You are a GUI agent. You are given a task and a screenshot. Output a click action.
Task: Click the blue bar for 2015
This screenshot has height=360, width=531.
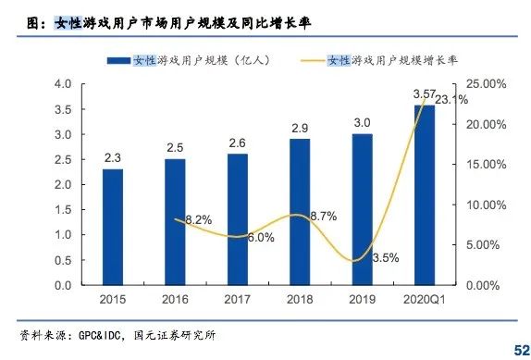click(x=113, y=227)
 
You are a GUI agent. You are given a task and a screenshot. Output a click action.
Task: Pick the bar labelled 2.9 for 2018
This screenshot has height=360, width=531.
click(x=300, y=212)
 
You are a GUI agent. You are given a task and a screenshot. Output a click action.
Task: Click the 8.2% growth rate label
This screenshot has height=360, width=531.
click(x=199, y=219)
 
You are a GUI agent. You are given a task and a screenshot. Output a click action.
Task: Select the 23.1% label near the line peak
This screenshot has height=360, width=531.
click(x=451, y=99)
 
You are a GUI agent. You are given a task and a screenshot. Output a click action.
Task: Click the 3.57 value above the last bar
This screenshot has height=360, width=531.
click(x=424, y=93)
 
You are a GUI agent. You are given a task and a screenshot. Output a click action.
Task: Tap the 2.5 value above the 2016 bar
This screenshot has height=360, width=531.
click(x=175, y=147)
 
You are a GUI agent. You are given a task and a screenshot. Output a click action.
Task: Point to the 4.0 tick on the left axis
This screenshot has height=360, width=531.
click(x=63, y=84)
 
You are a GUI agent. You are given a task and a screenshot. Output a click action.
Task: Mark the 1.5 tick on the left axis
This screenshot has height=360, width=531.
click(x=63, y=210)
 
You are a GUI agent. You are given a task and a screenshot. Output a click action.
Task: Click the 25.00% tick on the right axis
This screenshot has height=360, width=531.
click(x=484, y=84)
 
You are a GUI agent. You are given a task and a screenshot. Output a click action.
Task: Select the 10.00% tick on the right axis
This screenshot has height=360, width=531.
click(x=484, y=205)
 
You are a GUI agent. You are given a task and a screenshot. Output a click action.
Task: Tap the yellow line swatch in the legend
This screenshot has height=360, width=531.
click(x=320, y=60)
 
